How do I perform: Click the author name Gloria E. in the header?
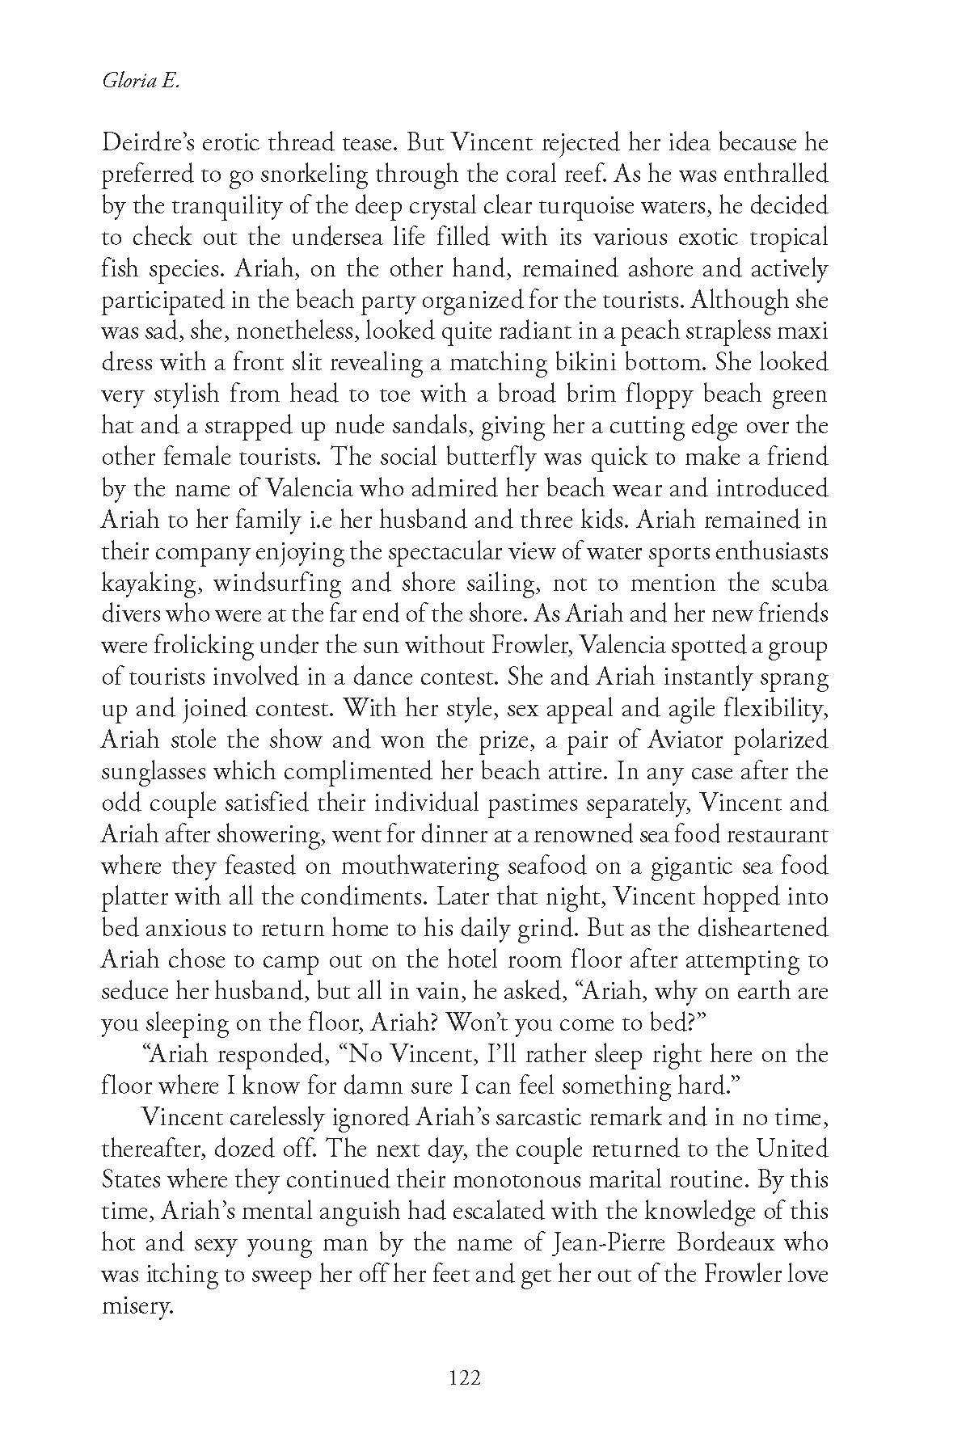click(x=138, y=80)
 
